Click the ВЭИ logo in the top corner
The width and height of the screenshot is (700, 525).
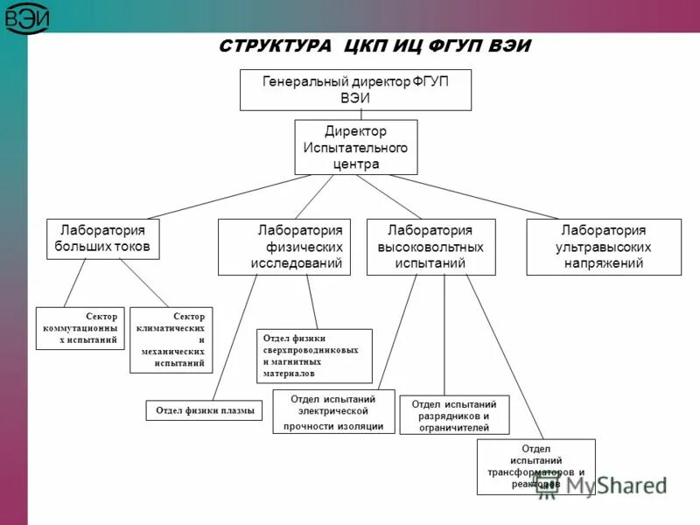(x=29, y=18)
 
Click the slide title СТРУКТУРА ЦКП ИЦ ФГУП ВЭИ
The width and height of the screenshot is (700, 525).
(x=374, y=45)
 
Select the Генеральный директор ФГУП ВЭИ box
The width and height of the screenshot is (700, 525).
(x=355, y=89)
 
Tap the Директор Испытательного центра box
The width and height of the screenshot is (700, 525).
(x=355, y=147)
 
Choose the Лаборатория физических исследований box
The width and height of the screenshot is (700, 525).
(x=283, y=247)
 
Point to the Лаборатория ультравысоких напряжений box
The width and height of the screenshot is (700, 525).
(x=603, y=247)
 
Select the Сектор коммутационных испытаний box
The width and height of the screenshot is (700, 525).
(x=80, y=327)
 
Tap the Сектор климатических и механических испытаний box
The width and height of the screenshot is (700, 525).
(x=171, y=339)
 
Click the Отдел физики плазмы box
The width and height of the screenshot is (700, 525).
(x=204, y=409)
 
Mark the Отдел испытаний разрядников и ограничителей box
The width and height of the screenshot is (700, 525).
(x=454, y=416)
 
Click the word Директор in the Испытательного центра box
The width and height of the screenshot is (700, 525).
(x=355, y=131)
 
